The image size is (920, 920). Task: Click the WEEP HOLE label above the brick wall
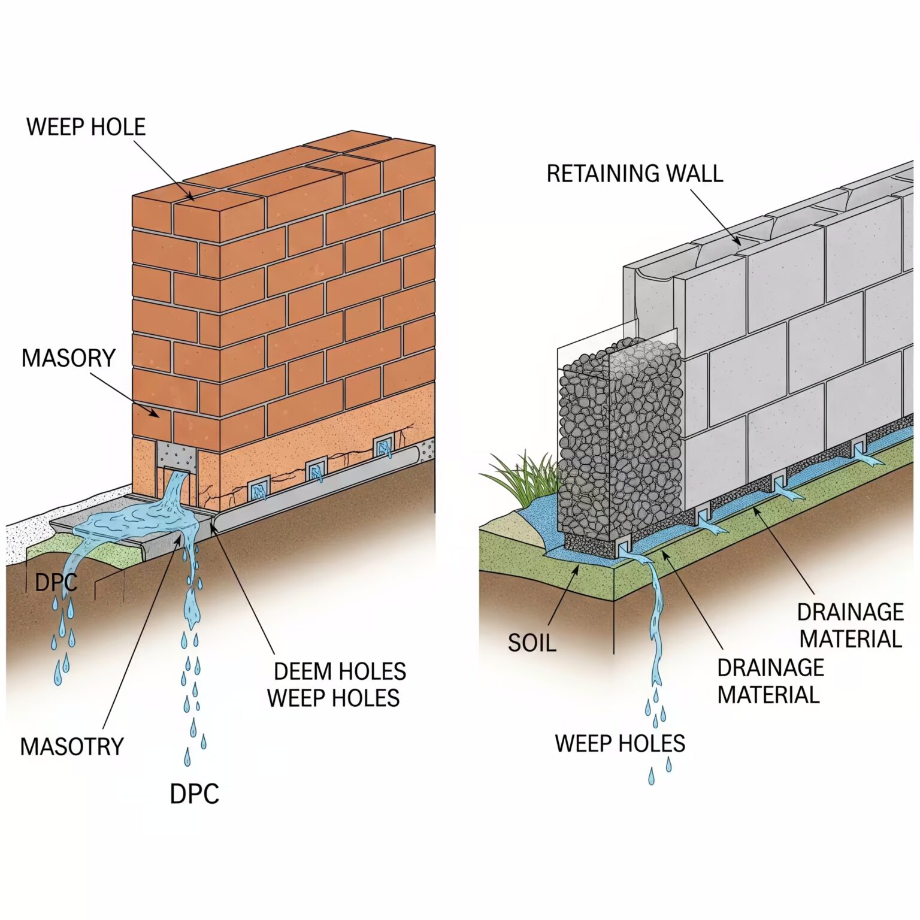point(86,127)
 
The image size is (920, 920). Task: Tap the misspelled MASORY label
point(68,358)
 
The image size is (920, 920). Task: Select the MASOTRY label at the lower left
point(72,747)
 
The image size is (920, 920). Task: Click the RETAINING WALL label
point(635,174)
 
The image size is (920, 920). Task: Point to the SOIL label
point(532,643)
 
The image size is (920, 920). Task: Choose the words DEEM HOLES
point(340,671)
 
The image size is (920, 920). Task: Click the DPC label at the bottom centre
point(194,794)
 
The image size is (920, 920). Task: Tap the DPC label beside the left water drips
point(56,583)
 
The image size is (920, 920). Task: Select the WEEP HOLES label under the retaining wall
point(620,743)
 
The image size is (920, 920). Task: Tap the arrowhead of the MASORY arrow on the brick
point(158,415)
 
